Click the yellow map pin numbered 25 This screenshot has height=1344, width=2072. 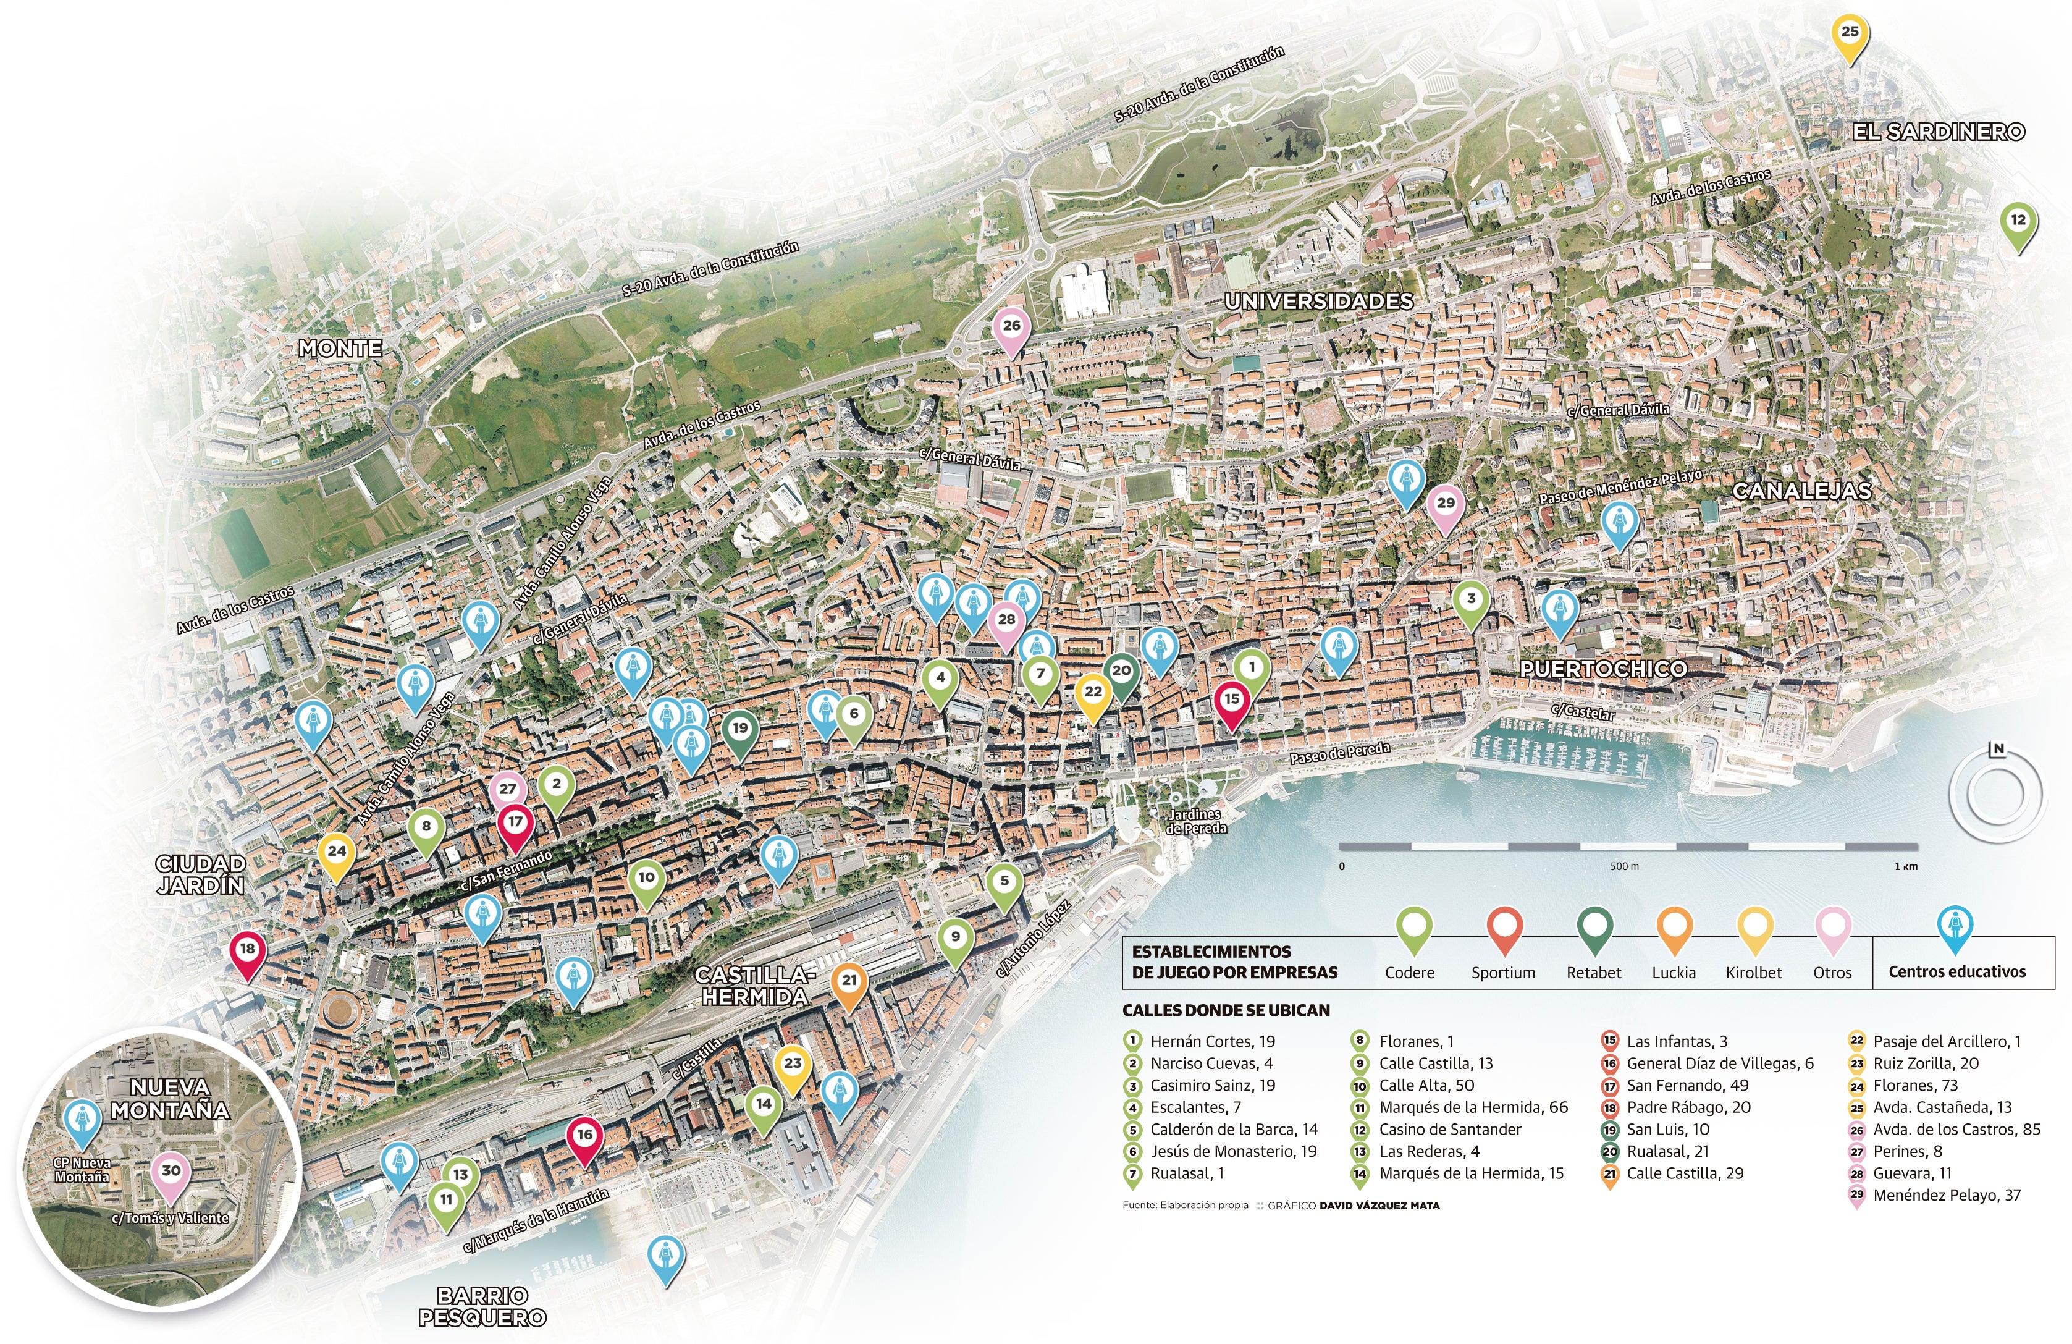pyautogui.click(x=1849, y=34)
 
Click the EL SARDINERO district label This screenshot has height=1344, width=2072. pyautogui.click(x=1938, y=132)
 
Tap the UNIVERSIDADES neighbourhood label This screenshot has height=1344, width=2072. pyautogui.click(x=1319, y=302)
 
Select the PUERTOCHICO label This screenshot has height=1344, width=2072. pyautogui.click(x=1602, y=669)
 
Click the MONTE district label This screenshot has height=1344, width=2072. pyautogui.click(x=340, y=349)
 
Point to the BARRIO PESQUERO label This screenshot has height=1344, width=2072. pyautogui.click(x=482, y=1306)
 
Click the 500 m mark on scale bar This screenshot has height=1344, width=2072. pyautogui.click(x=1625, y=867)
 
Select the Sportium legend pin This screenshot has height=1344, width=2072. pyautogui.click(x=1504, y=930)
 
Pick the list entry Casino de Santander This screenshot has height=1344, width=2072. pyautogui.click(x=1449, y=1130)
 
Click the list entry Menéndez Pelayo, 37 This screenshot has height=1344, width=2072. pyautogui.click(x=1946, y=1196)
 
